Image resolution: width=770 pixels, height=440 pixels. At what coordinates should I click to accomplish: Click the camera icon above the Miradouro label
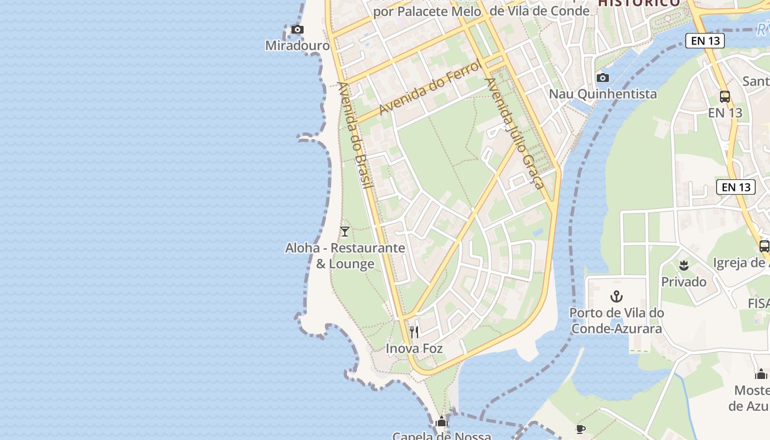298,30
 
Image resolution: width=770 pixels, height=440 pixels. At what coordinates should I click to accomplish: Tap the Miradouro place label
298,46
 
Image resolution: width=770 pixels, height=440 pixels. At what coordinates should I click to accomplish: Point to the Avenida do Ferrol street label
430,87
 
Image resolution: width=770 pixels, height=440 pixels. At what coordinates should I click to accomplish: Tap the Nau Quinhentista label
603,94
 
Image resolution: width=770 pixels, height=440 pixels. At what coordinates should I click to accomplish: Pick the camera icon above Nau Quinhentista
603,78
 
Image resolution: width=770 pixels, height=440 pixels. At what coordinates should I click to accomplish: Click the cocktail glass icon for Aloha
345,232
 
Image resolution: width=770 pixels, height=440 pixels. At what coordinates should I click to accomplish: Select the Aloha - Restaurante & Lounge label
345,256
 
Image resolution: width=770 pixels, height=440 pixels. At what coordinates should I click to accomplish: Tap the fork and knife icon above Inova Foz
414,332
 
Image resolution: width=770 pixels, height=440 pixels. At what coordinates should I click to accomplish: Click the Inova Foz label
414,349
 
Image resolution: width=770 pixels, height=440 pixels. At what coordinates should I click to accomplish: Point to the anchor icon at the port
617,297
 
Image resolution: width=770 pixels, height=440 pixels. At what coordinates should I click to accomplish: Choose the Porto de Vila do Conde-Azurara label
617,321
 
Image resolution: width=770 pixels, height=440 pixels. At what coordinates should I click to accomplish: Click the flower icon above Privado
684,266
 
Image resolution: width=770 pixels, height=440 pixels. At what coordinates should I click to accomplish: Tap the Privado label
684,282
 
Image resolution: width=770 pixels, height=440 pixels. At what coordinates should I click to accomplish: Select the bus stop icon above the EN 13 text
725,97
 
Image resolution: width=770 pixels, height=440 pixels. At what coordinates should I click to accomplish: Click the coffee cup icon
580,429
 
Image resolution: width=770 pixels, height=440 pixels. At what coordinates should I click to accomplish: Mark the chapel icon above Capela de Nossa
441,422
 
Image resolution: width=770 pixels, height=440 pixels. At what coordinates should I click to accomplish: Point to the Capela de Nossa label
441,436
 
